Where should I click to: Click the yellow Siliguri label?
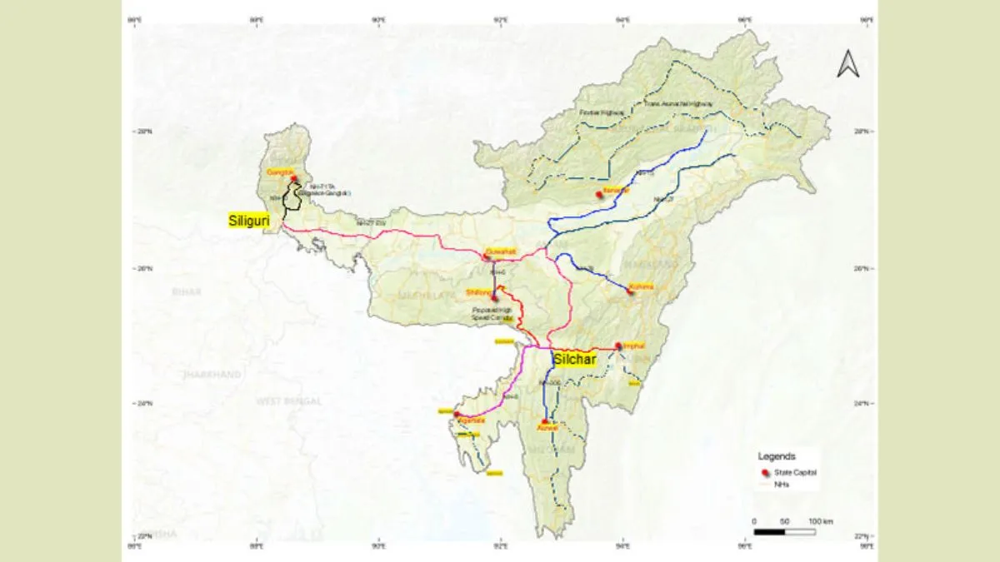point(252,221)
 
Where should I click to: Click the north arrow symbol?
point(847,64)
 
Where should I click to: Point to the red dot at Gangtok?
point(294,178)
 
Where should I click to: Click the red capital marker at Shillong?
point(495,297)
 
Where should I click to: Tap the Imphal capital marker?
point(618,346)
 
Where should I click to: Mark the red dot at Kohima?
point(630,291)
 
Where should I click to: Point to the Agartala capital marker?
point(457,414)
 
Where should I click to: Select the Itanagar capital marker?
point(598,196)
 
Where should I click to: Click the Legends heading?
point(777,456)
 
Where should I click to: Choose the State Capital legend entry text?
point(796,472)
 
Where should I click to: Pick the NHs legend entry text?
point(782,484)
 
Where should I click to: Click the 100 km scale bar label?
point(820,521)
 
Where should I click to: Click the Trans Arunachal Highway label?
point(678,104)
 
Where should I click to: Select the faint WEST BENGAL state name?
point(288,401)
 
